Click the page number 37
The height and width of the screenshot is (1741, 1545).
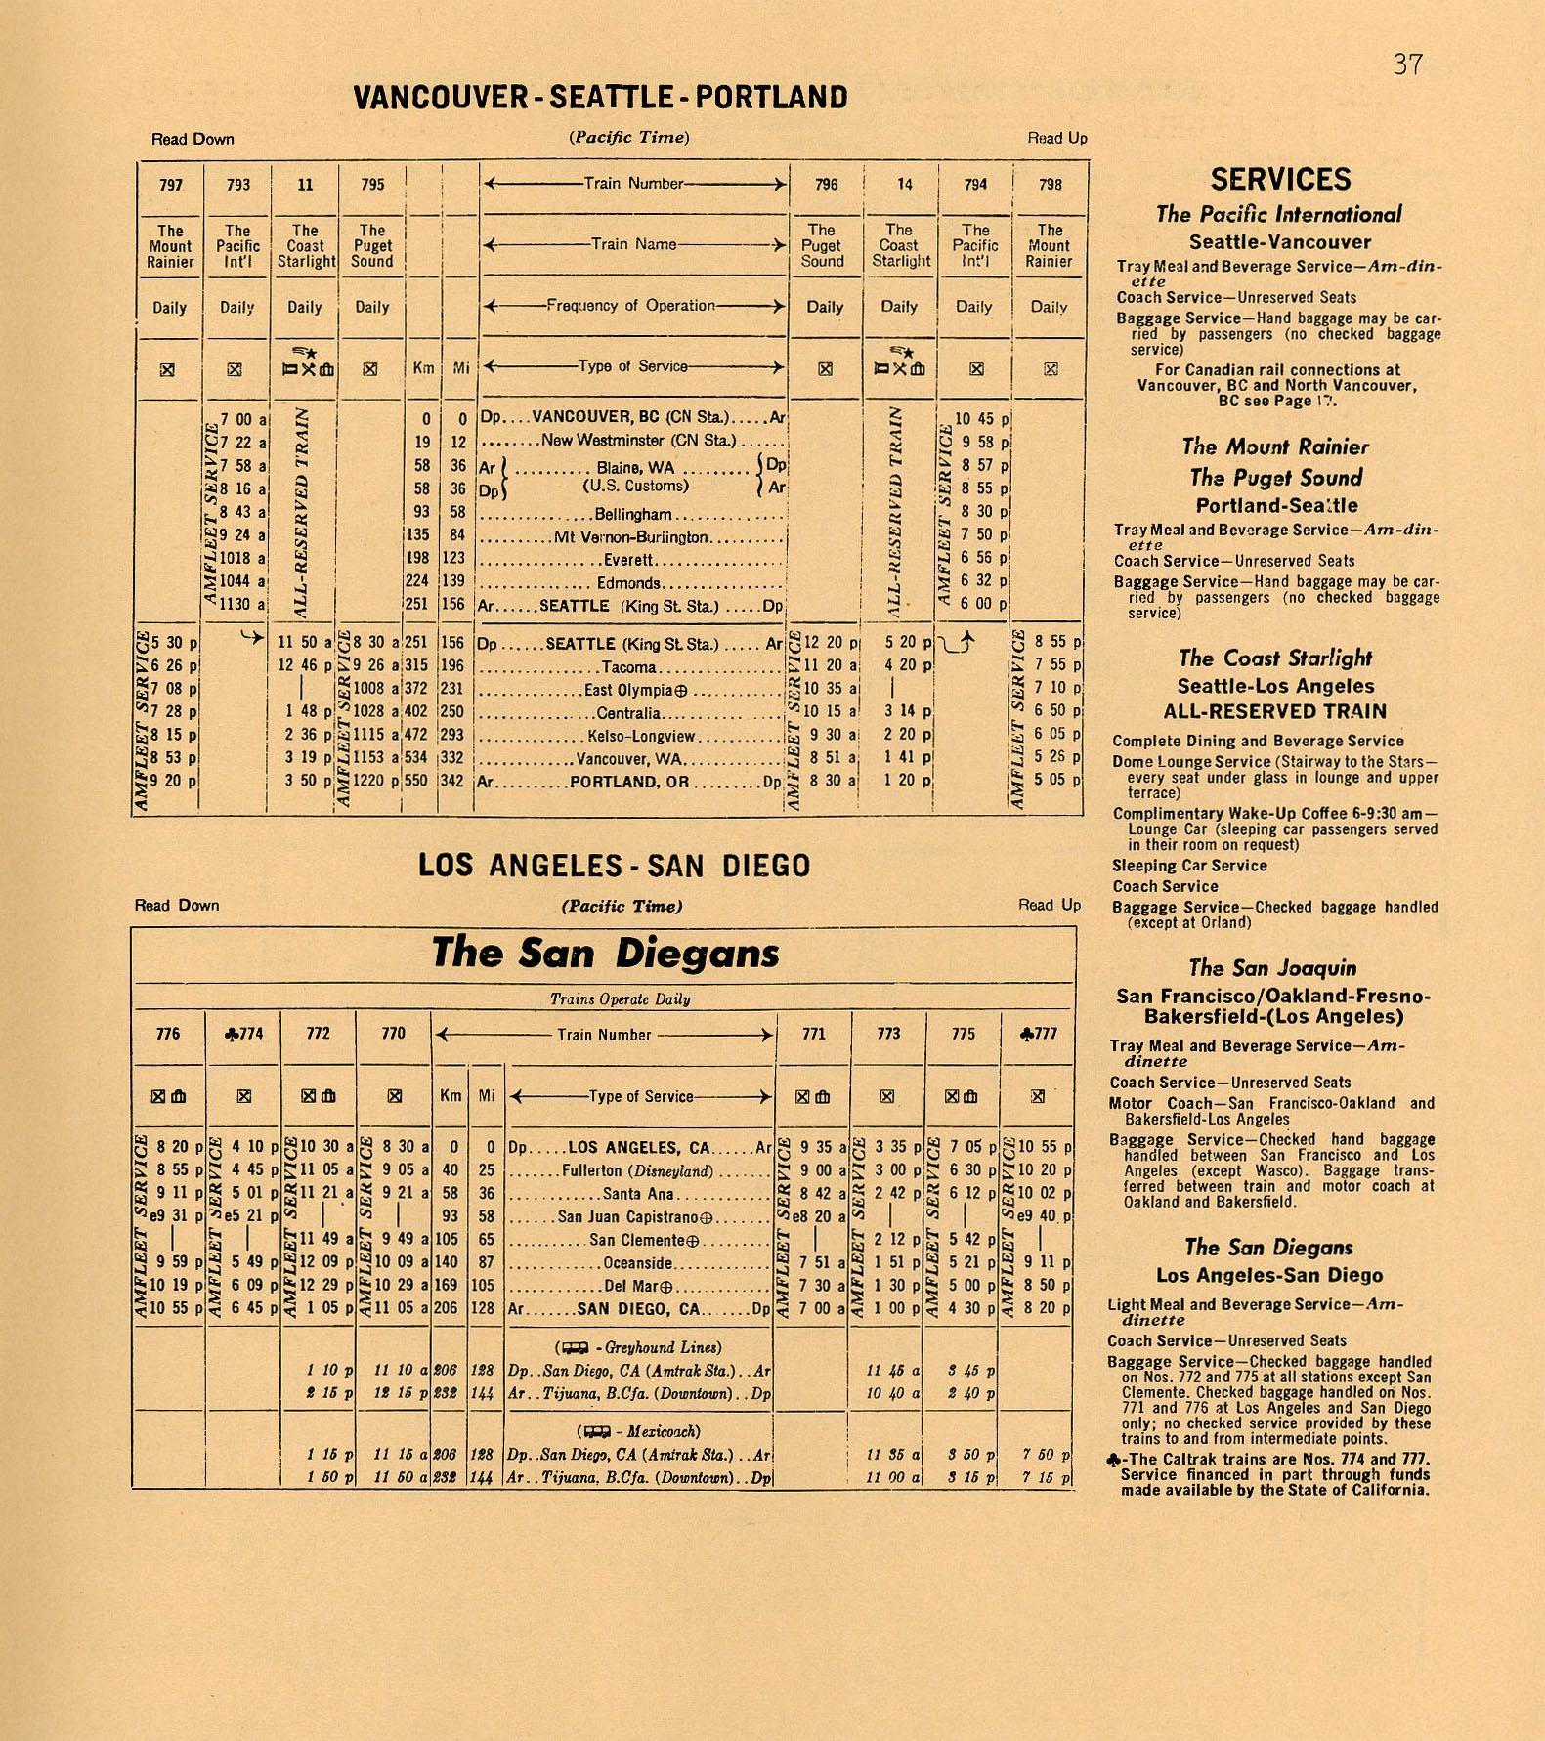[x=1407, y=65]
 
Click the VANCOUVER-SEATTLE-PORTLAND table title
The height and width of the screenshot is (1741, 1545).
[x=600, y=98]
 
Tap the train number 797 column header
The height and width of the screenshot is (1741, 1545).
[x=170, y=185]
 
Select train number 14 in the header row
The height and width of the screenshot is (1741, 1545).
[x=899, y=184]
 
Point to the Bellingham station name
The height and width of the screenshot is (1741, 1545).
[x=633, y=515]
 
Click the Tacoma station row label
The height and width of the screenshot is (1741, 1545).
[x=629, y=668]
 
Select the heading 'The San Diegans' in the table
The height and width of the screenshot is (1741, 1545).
[x=605, y=953]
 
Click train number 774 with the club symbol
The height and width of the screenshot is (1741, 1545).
[x=244, y=1034]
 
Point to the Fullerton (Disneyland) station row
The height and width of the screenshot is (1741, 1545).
[x=637, y=1170]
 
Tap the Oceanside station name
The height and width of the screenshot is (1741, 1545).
[x=638, y=1264]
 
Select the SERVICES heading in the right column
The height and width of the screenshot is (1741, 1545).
[x=1280, y=180]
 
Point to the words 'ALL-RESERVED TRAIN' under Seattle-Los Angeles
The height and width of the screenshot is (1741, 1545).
[x=1274, y=711]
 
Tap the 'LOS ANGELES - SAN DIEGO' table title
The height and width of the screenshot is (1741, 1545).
[x=614, y=867]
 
